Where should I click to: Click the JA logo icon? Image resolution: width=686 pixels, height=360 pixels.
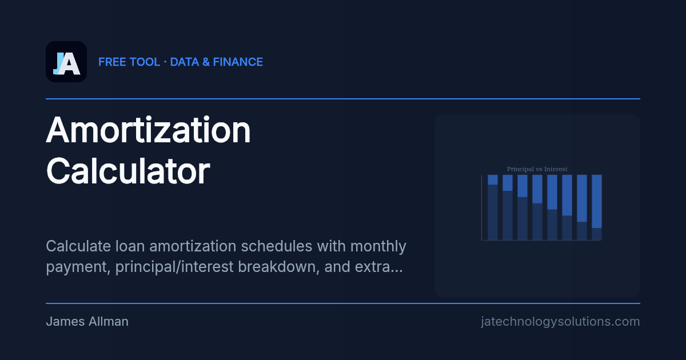[x=66, y=62]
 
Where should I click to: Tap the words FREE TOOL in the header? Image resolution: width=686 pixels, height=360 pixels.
[x=129, y=62]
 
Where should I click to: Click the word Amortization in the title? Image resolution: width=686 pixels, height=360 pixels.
[x=149, y=130]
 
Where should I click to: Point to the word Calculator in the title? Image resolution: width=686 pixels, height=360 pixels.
[x=128, y=170]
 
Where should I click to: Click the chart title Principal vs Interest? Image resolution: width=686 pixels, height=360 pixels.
[x=537, y=169]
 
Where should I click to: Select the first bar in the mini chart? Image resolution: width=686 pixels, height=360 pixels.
[x=493, y=207]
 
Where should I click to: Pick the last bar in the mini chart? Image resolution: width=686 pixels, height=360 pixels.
[x=596, y=207]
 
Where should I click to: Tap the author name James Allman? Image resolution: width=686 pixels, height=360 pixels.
[x=87, y=322]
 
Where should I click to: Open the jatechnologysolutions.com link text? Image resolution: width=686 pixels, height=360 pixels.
[x=560, y=322]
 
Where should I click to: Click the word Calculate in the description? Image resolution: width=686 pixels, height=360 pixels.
[x=76, y=246]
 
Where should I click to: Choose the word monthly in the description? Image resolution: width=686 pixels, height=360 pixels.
[x=378, y=246]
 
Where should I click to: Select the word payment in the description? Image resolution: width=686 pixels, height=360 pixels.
[x=78, y=267]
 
